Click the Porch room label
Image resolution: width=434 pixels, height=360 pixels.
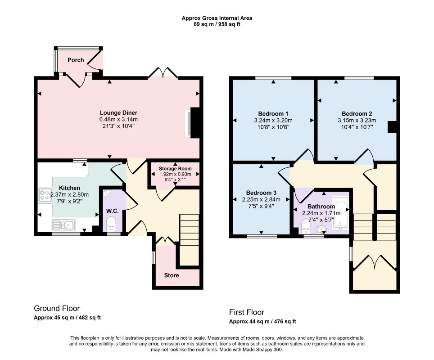[x=76, y=60]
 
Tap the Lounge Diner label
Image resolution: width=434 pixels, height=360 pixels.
[x=118, y=112]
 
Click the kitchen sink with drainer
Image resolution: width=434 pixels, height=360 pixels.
[x=63, y=225]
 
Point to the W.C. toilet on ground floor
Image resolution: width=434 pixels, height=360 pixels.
[x=112, y=224]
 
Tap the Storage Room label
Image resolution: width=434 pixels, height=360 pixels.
[x=175, y=168]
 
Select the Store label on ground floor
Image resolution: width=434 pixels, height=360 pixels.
[x=172, y=275]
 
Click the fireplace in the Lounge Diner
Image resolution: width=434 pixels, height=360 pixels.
[x=192, y=122]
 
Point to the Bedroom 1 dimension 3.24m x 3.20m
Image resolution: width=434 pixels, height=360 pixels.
[x=273, y=120]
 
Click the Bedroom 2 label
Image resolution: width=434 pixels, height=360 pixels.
[x=357, y=113]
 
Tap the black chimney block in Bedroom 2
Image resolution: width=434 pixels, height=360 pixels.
[x=392, y=127]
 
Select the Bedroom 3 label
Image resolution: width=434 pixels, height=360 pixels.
[x=261, y=193]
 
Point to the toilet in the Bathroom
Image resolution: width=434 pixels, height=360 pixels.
[x=306, y=225]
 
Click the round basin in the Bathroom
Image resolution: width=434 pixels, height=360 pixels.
[x=321, y=229]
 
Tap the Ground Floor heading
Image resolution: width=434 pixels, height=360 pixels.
[x=57, y=308]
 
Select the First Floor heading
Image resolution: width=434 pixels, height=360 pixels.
[x=247, y=312]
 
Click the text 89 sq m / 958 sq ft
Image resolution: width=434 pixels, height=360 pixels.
[x=217, y=24]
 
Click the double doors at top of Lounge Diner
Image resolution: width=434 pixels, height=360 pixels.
[x=163, y=72]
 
